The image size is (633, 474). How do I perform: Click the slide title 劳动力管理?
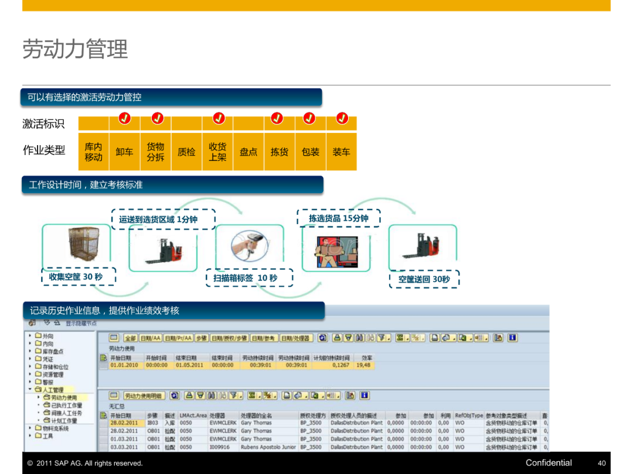coord(75,49)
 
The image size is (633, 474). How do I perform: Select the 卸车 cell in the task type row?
coord(124,152)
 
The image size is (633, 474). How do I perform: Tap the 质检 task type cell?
coord(186,152)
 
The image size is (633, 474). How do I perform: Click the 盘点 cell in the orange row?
coord(249,152)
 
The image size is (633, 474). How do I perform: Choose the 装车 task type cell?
coord(341,152)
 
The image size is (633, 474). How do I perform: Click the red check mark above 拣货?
coord(277,118)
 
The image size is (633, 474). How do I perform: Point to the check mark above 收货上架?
coord(219,118)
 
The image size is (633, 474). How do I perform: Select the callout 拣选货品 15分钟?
coord(339,218)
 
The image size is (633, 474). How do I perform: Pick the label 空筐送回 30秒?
coord(424,279)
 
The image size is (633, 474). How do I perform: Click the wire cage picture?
coord(76,246)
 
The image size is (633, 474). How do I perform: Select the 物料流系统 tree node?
coord(55,428)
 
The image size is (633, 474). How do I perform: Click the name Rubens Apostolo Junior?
coord(268,447)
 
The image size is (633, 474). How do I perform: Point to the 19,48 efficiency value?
coord(363,365)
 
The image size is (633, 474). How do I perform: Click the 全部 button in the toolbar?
coord(130,338)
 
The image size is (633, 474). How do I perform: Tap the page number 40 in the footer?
coord(601,463)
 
